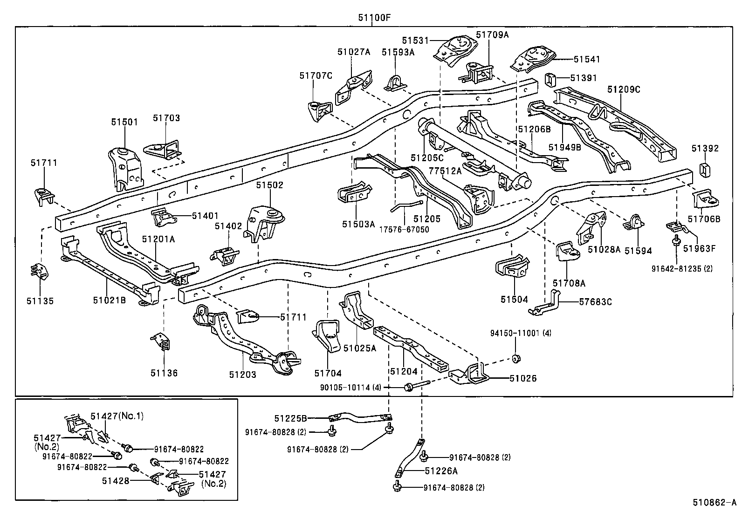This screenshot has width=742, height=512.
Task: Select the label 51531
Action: tap(415, 41)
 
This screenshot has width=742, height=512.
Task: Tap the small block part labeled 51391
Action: tap(550, 80)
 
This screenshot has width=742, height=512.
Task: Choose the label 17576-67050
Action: tap(404, 229)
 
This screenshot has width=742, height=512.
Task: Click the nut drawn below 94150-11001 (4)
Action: tap(516, 358)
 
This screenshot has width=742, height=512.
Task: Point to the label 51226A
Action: tap(441, 471)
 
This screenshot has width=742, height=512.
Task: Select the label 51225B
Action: tap(290, 418)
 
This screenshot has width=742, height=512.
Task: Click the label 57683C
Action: tap(595, 302)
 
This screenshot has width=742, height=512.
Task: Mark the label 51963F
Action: tap(699, 248)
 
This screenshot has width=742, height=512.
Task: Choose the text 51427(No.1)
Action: tap(117, 416)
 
